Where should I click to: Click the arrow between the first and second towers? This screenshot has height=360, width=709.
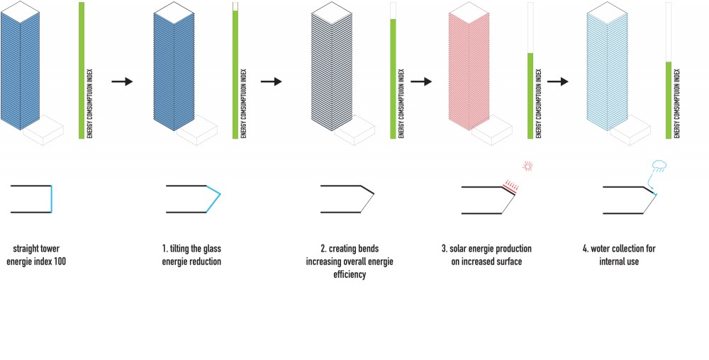[123, 81]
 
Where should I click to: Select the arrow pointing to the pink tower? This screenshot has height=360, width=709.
[421, 81]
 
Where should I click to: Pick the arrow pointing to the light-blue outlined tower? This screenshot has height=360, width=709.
[558, 81]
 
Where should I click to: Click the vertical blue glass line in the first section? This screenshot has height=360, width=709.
[52, 199]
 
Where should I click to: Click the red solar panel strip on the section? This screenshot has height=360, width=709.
[508, 186]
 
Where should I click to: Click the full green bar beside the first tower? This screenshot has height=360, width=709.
[82, 69]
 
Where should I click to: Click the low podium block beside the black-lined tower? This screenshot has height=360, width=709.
[354, 127]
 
